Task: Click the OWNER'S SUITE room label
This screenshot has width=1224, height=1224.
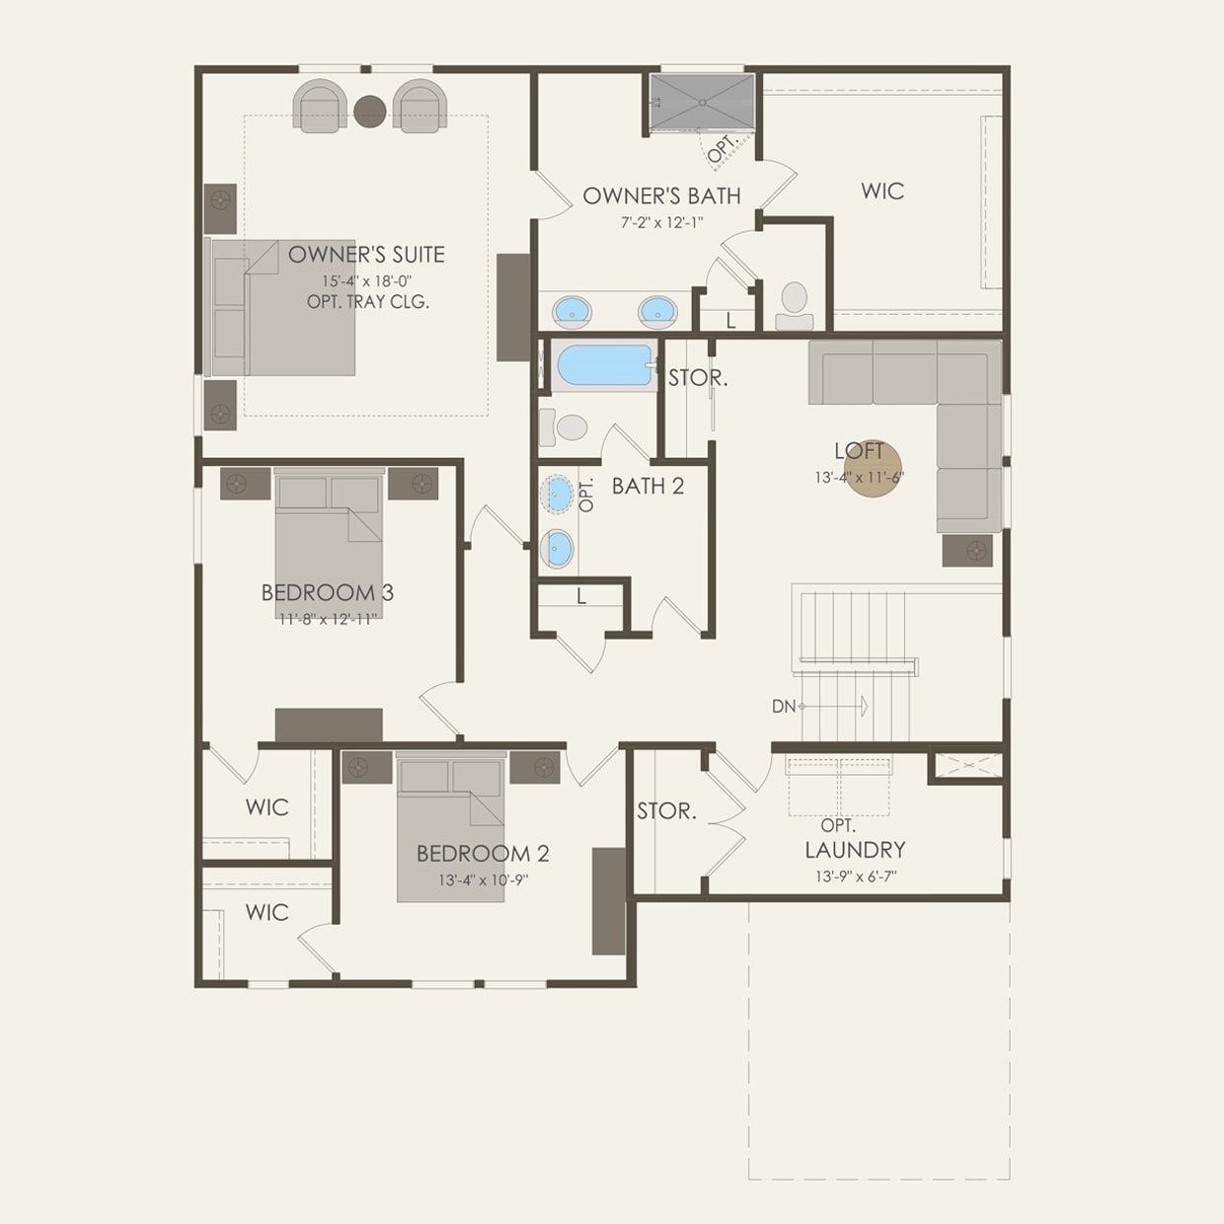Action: coord(366,255)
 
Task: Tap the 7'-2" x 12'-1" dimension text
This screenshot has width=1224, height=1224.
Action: coord(661,223)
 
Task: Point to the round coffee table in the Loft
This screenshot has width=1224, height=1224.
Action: coord(873,468)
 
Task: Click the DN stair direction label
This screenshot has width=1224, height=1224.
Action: coord(783,707)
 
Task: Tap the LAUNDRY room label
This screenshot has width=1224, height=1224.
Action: coord(855,850)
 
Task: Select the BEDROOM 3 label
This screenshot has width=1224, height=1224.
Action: coord(327,592)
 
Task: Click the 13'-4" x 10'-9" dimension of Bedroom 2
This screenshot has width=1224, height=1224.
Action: coord(483,880)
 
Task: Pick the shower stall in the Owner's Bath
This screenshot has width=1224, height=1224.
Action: coord(702,102)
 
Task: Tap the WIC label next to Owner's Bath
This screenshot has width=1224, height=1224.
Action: coord(881,191)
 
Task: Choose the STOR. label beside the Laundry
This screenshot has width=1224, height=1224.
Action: coord(666,811)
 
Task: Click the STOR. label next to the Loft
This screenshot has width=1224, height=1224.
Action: coord(698,378)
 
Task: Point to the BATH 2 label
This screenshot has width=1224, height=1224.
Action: coord(648,487)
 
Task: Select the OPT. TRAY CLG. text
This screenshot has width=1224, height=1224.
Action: coord(367,302)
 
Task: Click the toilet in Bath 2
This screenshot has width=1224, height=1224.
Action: coord(567,427)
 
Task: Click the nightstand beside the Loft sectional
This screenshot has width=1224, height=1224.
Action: coord(967,551)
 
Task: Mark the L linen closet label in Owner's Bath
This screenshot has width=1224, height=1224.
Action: coord(730,322)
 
